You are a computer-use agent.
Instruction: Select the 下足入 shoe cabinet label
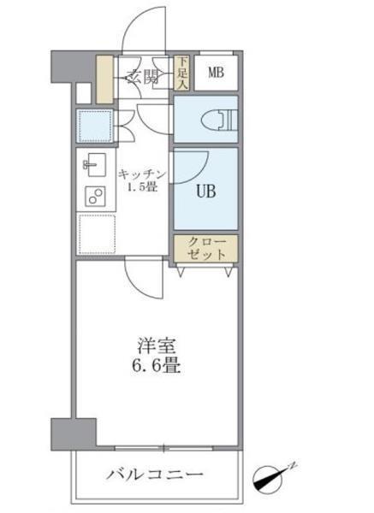tap(182, 74)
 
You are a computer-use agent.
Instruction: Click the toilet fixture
tap(218, 121)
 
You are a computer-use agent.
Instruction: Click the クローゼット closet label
tap(206, 248)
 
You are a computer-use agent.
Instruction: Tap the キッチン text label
tap(143, 174)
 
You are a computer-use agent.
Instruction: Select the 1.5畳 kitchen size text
tap(143, 187)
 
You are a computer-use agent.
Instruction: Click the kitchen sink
tap(92, 162)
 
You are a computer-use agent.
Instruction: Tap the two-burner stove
tap(92, 196)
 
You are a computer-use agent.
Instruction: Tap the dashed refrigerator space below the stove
tap(95, 233)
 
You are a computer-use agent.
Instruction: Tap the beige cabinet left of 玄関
tap(104, 78)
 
